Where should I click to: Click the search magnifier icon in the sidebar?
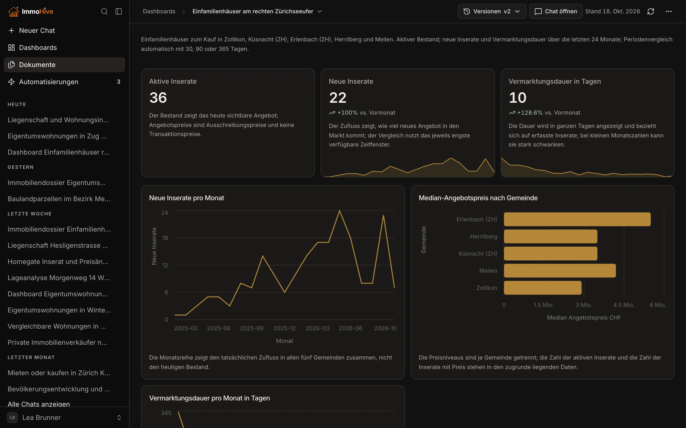point(104,11)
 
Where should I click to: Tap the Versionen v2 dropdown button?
point(492,11)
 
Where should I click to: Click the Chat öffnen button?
point(556,11)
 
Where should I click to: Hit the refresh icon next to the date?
point(651,11)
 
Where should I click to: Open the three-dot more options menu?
point(669,11)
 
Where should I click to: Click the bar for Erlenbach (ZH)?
point(577,219)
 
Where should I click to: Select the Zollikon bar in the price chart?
point(543,288)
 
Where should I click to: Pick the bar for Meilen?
point(560,271)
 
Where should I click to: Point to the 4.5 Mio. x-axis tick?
point(624,305)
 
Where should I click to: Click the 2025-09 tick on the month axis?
point(252,328)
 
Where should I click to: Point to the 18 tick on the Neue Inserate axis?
point(165,238)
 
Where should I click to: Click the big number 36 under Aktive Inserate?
point(158,98)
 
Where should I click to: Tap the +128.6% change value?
point(530,113)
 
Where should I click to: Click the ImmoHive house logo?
point(13,11)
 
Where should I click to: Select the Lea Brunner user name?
point(41,418)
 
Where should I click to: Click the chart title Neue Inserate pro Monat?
point(187,198)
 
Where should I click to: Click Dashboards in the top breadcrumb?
point(159,11)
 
